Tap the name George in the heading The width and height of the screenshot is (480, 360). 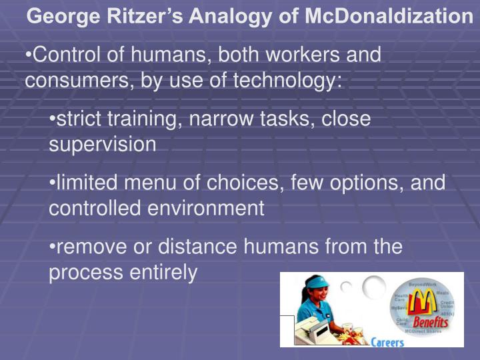coord(62,15)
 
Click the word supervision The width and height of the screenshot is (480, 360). coord(103,144)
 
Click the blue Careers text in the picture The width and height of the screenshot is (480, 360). coord(387,342)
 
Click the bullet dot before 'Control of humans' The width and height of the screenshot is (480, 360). coord(28,55)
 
